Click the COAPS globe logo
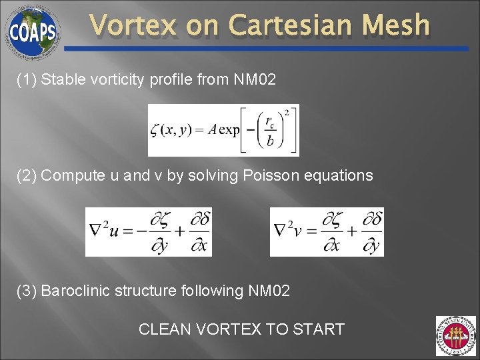pyautogui.click(x=32, y=31)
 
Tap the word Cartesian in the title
pyautogui.click(x=296, y=26)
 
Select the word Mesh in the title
pyautogui.click(x=401, y=26)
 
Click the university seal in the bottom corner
pyautogui.click(x=455, y=336)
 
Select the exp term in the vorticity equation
pyautogui.click(x=229, y=130)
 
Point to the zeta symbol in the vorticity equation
pyautogui.click(x=155, y=130)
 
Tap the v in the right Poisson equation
pyautogui.click(x=298, y=232)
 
